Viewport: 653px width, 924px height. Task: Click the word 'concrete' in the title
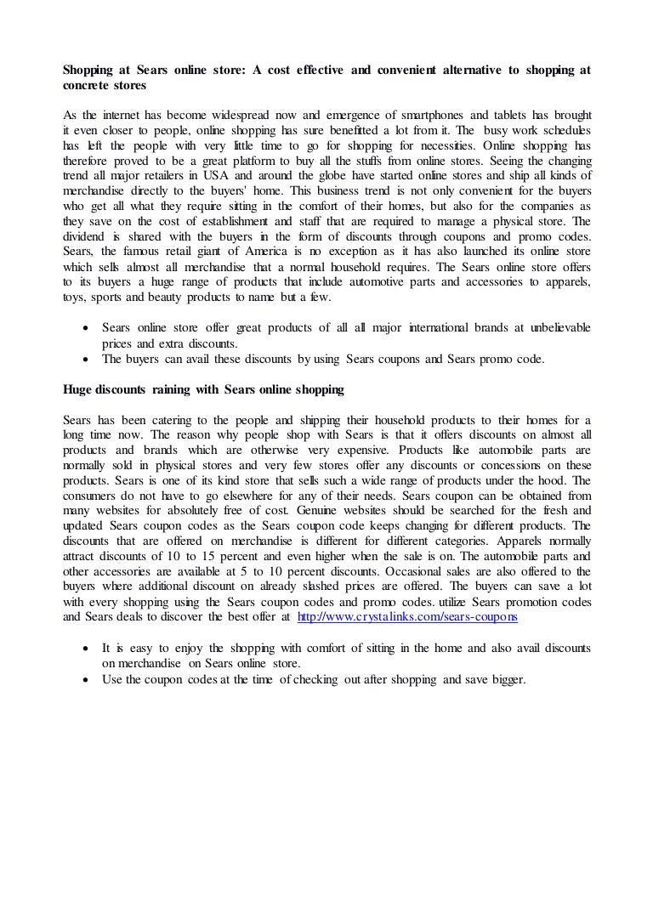pyautogui.click(x=88, y=87)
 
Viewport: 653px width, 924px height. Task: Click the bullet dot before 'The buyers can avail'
pyautogui.click(x=84, y=360)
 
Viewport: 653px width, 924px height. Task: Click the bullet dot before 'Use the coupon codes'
pyautogui.click(x=84, y=680)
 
